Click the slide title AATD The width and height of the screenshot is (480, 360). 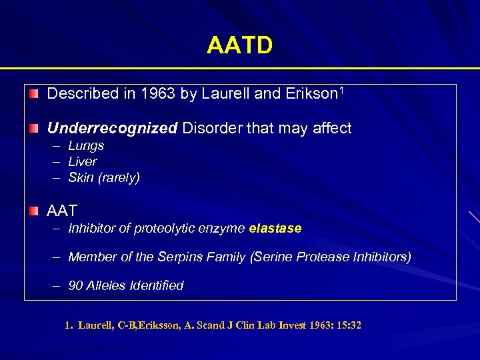239,46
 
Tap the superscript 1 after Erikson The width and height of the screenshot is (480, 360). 341,90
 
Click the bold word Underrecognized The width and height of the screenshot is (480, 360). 112,129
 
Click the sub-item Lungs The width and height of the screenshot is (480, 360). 86,146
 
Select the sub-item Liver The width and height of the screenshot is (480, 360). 83,162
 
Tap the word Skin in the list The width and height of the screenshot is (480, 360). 81,178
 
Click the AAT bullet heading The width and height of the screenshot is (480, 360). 62,211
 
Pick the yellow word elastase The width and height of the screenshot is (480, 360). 275,229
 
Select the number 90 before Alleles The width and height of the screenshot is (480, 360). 75,286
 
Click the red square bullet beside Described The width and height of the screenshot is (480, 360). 34,94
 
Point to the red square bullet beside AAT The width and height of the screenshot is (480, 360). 34,211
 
